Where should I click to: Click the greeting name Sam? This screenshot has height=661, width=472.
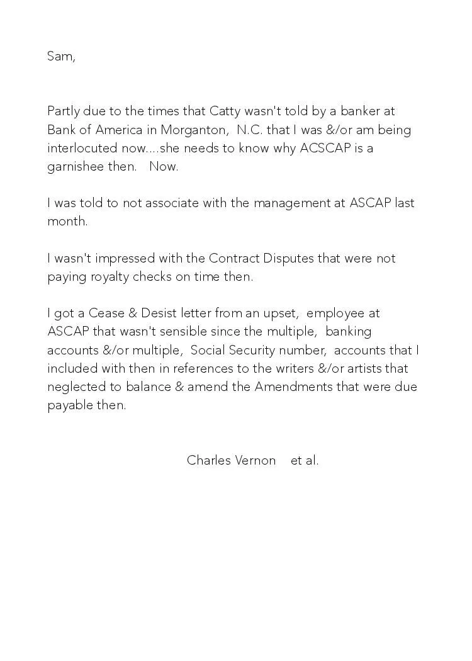(60, 56)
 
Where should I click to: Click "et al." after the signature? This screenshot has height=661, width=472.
(305, 461)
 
